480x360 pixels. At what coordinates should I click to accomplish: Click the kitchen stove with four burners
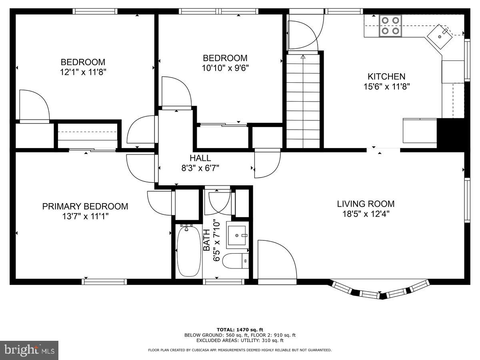click(390, 26)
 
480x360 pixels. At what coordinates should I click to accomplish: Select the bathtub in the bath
click(188, 251)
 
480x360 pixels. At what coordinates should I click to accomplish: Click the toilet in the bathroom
click(236, 261)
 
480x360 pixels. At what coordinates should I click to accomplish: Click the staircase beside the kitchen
click(303, 101)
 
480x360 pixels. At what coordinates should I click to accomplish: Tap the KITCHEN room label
click(386, 76)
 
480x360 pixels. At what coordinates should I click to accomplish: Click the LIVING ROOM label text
click(366, 204)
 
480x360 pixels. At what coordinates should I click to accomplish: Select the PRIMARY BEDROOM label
click(85, 206)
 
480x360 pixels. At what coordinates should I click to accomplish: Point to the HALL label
click(200, 158)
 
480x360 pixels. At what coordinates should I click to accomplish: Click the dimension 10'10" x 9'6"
click(225, 68)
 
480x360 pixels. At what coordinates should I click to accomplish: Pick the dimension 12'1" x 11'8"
click(83, 72)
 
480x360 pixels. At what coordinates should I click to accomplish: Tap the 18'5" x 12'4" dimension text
click(366, 214)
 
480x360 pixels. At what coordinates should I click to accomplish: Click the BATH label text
click(207, 240)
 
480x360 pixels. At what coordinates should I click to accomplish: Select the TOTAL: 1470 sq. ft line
click(240, 330)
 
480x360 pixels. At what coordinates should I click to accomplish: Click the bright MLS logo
click(29, 350)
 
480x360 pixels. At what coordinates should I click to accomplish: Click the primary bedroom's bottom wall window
click(104, 282)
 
